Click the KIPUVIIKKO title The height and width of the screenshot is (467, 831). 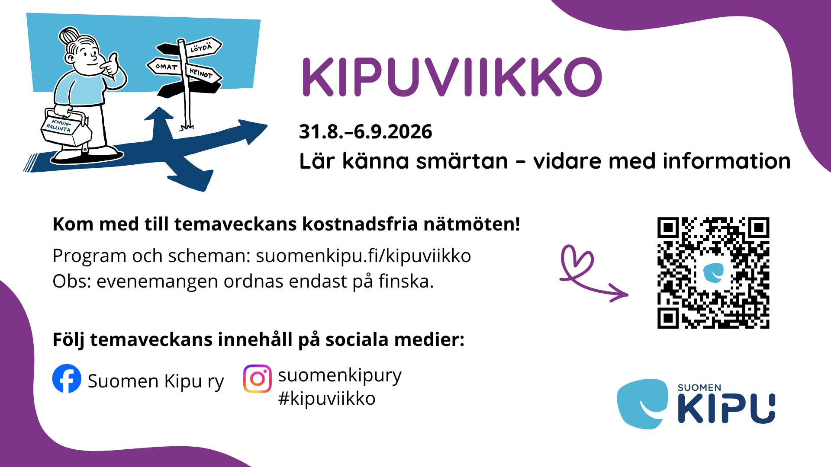coord(452,77)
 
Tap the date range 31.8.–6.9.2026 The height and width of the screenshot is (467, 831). coord(366,132)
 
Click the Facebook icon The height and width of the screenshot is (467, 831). coord(67,379)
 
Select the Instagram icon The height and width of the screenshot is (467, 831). coord(258,379)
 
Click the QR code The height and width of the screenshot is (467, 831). coord(713,273)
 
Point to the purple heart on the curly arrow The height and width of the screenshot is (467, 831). coord(577,262)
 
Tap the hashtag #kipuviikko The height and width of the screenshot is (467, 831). coord(327,399)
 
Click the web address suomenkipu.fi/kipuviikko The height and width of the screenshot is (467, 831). coord(363,256)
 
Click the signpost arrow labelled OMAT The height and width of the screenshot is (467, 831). coord(164,67)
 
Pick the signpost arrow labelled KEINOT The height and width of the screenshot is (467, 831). coord(203,74)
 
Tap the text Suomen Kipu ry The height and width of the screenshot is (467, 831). coord(156,381)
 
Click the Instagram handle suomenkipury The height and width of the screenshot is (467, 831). coord(340,375)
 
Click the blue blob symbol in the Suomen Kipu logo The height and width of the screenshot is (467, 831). coord(643,404)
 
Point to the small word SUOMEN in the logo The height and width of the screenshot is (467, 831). coord(699,388)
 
